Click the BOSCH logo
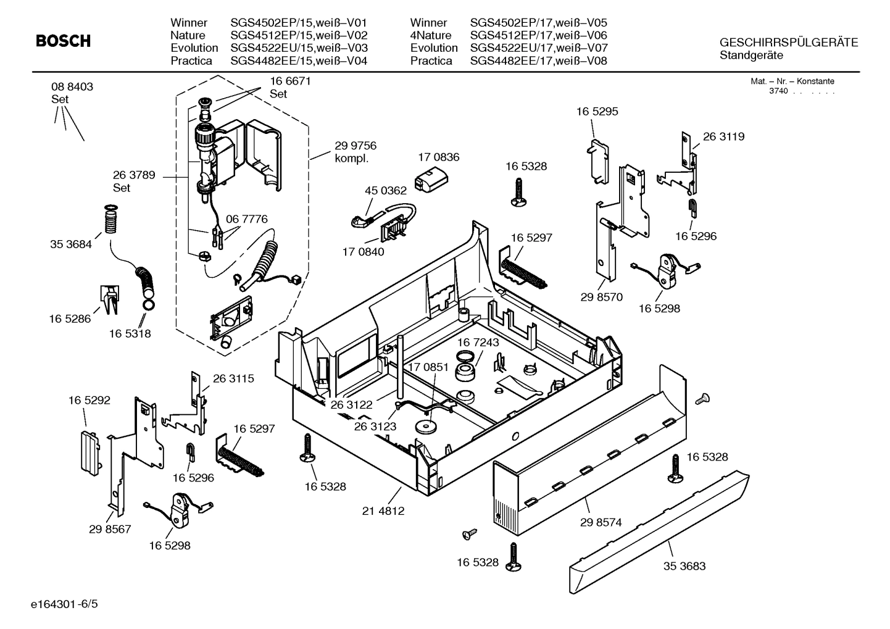63,41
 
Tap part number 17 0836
438,157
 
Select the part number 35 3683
684,566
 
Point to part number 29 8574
601,522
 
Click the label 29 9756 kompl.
355,152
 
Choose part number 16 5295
597,112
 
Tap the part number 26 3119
723,136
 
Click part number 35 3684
71,244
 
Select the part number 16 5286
70,319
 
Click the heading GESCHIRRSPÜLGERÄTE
788,43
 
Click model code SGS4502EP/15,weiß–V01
299,23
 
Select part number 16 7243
478,342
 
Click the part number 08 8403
72,87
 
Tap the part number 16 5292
89,400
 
